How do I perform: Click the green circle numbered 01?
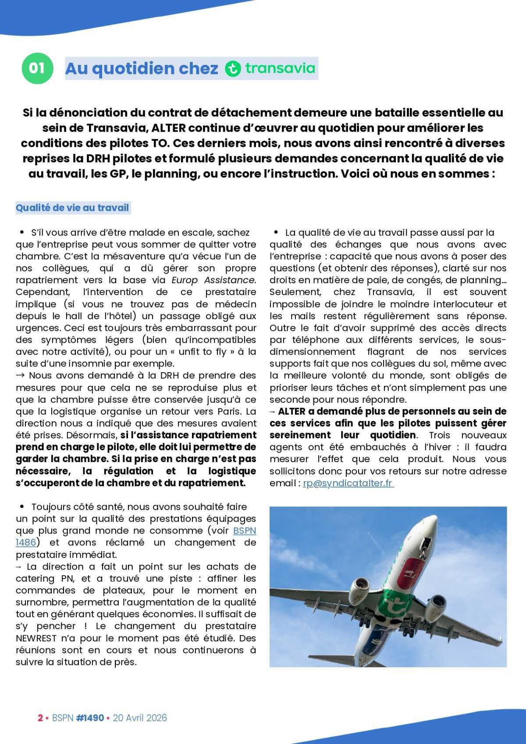tap(37, 68)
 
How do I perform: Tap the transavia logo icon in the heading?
tap(233, 69)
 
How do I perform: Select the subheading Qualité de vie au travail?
tap(72, 207)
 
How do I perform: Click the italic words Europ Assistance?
tap(213, 280)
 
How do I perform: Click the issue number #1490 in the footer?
tap(90, 718)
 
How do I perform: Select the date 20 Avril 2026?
tap(140, 718)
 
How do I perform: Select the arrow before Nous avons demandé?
tap(21, 375)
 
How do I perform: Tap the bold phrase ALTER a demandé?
tap(313, 411)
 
